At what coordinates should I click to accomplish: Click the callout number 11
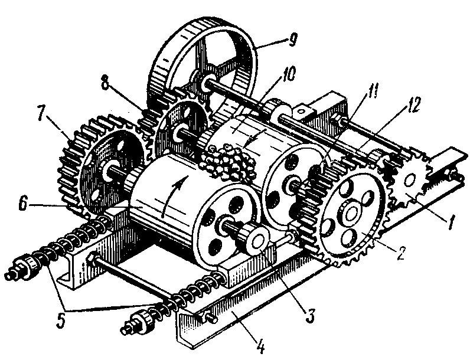point(373,90)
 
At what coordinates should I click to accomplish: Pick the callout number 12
point(413,104)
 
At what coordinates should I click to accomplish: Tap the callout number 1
point(452,222)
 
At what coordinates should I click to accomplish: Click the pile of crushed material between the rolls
point(229,162)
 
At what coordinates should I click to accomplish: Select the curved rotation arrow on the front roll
point(174,195)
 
